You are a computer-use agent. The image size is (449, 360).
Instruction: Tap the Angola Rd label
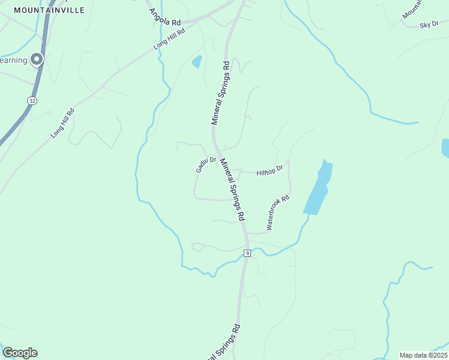[x=164, y=17]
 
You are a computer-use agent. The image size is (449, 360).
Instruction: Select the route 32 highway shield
[x=32, y=101]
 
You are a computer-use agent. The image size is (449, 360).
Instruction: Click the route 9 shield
[x=247, y=254]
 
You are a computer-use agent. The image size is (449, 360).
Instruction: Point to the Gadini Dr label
[x=205, y=164]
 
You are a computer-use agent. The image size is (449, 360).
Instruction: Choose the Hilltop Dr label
[x=269, y=172]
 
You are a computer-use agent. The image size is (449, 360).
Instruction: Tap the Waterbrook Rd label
[x=278, y=212]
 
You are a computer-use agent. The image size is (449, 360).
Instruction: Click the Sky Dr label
[x=429, y=25]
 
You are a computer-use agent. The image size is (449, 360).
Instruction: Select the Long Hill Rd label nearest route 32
[x=62, y=123]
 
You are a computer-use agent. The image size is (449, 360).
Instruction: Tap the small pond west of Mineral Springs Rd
[x=196, y=61]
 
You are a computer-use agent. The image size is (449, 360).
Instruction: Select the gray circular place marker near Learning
[x=37, y=59]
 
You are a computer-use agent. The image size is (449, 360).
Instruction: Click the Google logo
[x=20, y=353]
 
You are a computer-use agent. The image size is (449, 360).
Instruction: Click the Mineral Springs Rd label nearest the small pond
[x=220, y=92]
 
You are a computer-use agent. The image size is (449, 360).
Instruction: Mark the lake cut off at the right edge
[x=445, y=148]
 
